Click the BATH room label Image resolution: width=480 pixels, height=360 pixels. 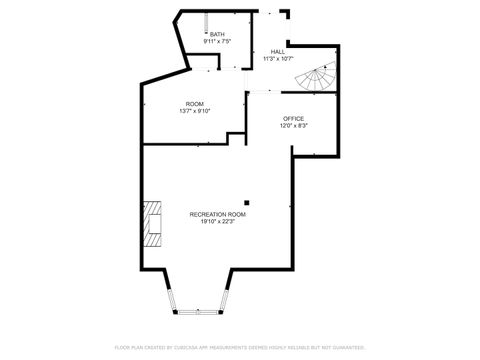(217, 34)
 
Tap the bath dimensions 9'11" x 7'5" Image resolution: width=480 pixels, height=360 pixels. (217, 42)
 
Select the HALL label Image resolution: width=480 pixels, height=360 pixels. (276, 51)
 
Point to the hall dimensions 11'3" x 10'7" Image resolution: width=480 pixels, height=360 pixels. (276, 59)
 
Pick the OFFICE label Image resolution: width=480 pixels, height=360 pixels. (293, 119)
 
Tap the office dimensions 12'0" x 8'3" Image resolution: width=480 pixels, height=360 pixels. (293, 127)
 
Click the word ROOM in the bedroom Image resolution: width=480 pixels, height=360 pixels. (194, 104)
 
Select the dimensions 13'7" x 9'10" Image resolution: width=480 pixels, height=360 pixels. (194, 111)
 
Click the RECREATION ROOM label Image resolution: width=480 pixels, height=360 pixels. (217, 214)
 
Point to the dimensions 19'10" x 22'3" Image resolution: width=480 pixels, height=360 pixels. (217, 222)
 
